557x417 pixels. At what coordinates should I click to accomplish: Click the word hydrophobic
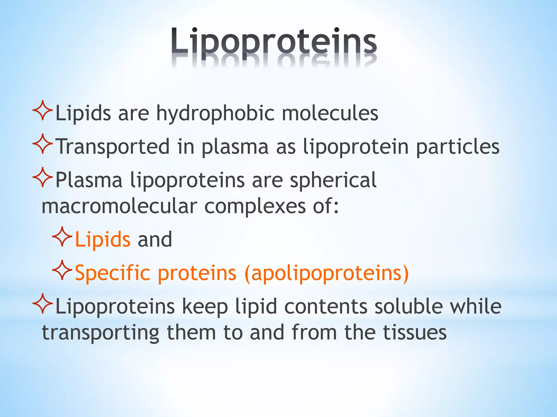point(215,113)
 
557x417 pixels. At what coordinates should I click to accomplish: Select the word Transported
point(113,147)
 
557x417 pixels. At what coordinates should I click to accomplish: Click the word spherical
point(333,180)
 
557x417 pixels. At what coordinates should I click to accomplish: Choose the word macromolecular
point(119,206)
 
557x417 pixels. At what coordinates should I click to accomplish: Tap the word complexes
point(255,206)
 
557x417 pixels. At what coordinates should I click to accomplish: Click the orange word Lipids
point(103,239)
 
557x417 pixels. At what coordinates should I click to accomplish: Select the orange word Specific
point(112,273)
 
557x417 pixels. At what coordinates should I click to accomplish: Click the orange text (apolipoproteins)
point(326,273)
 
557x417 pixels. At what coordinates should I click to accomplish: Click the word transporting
point(100,333)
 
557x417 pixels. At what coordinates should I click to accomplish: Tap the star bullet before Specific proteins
point(62,270)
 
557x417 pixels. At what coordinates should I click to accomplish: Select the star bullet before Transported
point(43,144)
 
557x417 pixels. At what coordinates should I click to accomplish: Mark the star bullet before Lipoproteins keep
point(43,304)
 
